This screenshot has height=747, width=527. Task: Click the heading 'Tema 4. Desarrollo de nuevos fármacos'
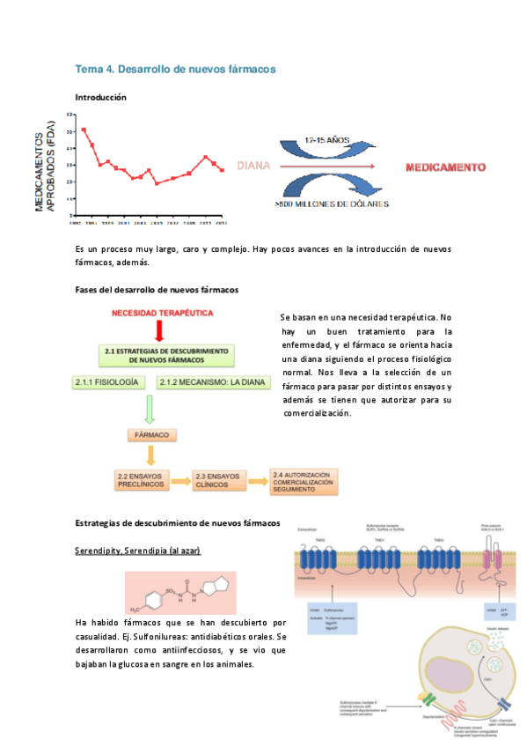click(176, 68)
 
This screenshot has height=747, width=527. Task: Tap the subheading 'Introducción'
click(106, 97)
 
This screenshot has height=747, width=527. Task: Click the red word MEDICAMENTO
click(445, 166)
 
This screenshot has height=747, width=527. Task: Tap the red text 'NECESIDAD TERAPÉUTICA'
click(161, 312)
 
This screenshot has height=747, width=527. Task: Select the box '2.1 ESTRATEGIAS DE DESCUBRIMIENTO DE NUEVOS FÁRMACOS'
click(165, 355)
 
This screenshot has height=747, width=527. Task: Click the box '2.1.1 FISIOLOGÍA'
click(106, 382)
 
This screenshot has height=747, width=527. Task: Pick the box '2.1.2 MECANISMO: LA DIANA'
click(206, 382)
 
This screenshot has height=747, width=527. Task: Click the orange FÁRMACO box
click(152, 435)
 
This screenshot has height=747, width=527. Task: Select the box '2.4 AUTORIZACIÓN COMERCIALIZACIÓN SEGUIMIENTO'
click(304, 480)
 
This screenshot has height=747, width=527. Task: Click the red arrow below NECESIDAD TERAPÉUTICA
click(160, 329)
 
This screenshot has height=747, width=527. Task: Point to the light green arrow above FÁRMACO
click(149, 409)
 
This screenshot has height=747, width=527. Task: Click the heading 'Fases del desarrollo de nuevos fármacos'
click(157, 289)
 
